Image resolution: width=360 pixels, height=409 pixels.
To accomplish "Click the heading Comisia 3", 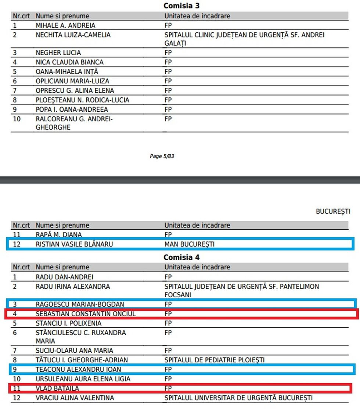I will (181, 6).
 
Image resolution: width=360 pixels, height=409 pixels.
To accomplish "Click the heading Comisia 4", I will (181, 257).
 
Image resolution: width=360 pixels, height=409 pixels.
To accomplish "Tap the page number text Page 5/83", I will (162, 156).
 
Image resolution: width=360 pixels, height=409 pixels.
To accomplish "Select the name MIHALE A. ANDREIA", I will (65, 26).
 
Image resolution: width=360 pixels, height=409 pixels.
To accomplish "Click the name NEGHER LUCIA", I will (58, 53).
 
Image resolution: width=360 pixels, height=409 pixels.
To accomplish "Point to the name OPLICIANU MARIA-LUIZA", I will (72, 81).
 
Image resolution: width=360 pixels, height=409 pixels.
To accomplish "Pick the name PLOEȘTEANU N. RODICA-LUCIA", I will (82, 100).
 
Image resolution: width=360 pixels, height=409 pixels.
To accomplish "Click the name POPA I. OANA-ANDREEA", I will (72, 110).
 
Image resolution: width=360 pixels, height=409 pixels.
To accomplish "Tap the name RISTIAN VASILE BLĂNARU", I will (74, 244).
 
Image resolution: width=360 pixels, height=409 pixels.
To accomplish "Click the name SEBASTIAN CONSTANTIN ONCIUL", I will (86, 314).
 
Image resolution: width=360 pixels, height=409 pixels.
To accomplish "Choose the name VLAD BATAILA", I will (57, 388).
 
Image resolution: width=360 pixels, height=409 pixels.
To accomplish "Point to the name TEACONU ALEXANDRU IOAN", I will (78, 369).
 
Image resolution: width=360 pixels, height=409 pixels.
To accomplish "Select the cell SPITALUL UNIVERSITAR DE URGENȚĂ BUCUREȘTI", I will (238, 398).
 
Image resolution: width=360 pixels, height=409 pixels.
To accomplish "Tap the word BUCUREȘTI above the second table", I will (333, 212).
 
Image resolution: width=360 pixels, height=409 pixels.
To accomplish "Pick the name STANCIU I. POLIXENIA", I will (68, 323).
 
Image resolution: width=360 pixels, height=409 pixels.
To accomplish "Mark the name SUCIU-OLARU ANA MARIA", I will (74, 351).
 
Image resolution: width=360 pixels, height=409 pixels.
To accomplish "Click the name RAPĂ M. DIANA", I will (59, 234).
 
